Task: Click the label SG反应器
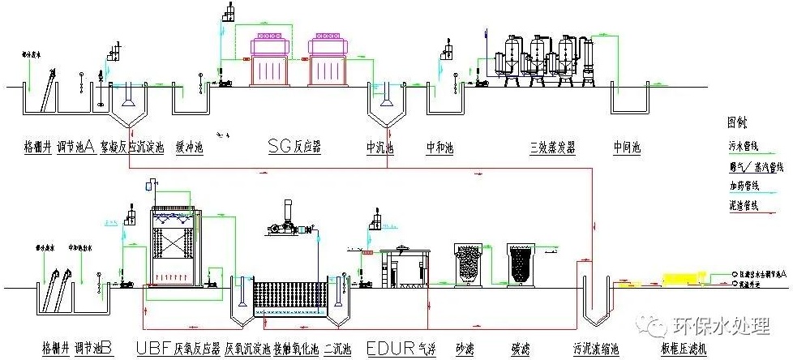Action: pyautogui.click(x=294, y=147)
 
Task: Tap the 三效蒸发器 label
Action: pyautogui.click(x=552, y=148)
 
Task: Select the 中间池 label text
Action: pyautogui.click(x=627, y=148)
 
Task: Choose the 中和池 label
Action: pyautogui.click(x=441, y=148)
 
